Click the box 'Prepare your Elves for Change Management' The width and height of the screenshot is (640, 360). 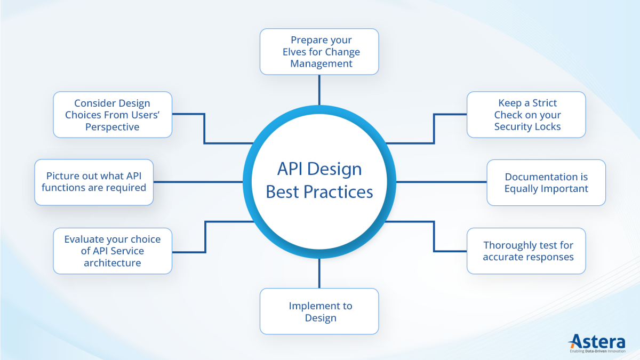(x=319, y=52)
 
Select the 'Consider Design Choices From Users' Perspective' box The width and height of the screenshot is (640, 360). (x=113, y=115)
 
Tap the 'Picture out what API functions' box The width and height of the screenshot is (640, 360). (x=94, y=182)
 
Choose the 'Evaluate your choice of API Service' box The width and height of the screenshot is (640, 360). (x=113, y=251)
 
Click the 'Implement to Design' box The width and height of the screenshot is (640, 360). (x=319, y=311)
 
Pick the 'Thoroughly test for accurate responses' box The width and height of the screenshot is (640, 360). (x=526, y=251)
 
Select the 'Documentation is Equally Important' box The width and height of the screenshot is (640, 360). (x=546, y=182)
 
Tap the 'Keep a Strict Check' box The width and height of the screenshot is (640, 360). (x=526, y=115)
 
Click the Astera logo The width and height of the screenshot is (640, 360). (x=599, y=341)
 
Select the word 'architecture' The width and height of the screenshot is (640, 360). (x=113, y=263)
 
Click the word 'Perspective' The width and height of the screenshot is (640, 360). (x=113, y=127)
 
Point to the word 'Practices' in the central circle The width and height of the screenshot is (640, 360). (x=337, y=191)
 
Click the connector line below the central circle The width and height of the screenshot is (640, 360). (x=319, y=273)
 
